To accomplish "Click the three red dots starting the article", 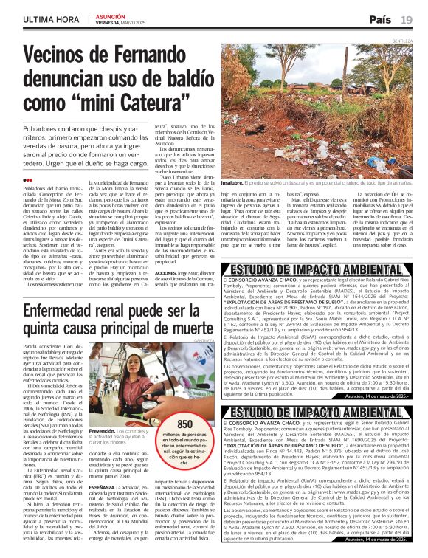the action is [x=27, y=179].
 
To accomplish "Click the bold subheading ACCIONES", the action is [x=148, y=273].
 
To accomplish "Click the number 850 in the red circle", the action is [x=185, y=424].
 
